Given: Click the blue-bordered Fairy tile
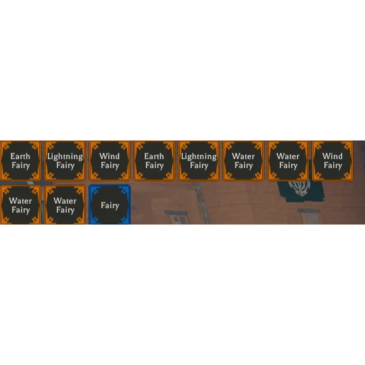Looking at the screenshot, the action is [x=110, y=205].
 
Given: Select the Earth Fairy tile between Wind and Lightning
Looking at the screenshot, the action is [x=154, y=161].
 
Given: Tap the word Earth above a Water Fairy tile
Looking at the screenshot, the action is [x=20, y=156].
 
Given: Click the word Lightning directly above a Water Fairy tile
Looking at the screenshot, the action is [x=65, y=157].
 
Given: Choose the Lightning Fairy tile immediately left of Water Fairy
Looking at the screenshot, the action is [x=199, y=161].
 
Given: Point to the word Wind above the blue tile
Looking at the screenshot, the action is [x=110, y=156].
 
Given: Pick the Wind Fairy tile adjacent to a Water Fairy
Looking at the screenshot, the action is [x=333, y=161].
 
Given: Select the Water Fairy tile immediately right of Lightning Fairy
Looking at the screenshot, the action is [x=243, y=161].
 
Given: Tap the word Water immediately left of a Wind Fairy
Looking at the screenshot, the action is [x=288, y=156].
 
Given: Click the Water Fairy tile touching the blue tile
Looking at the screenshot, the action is [x=65, y=205].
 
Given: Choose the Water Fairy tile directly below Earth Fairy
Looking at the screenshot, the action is [x=20, y=205].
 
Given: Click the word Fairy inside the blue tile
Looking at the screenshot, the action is [x=110, y=206].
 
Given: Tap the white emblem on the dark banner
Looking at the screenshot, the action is [x=299, y=187].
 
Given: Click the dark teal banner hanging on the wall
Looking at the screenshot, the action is [x=301, y=191].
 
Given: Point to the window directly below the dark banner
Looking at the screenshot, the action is [x=309, y=217].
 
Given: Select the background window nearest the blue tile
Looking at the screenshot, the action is [x=177, y=218].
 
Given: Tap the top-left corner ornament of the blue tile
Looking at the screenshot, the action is [x=95, y=191].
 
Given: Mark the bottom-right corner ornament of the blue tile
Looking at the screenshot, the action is [x=124, y=219].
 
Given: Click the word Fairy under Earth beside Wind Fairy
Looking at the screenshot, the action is [x=154, y=166].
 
